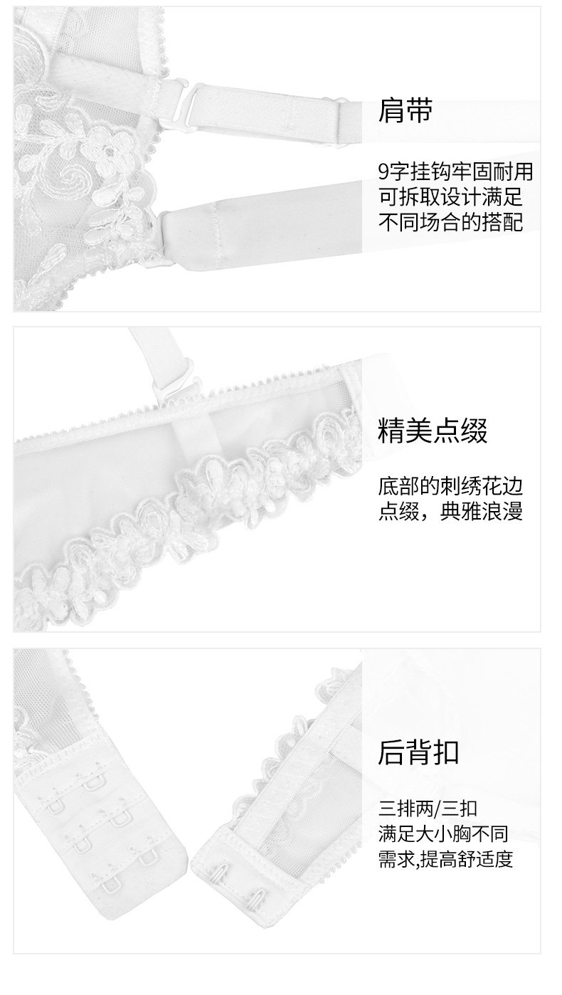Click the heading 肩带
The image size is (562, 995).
pos(405,111)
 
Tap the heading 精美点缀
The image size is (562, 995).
pos(433,431)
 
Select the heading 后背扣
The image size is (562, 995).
pos(418,752)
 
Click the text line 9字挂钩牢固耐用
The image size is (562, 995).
pos(455,171)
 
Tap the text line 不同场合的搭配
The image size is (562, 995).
pos(450,222)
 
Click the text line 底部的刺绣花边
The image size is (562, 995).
pos(450,488)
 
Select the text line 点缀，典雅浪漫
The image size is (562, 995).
pos(450,512)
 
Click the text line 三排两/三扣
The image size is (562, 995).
pos(428,809)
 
